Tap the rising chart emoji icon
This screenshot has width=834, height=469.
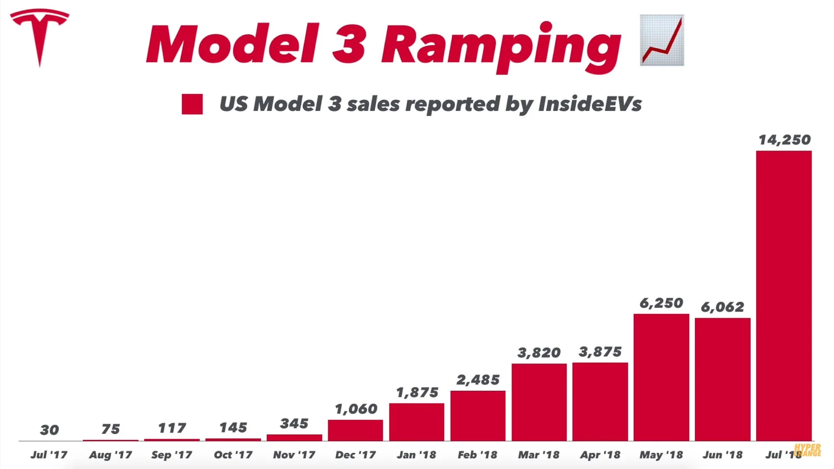pos(662,40)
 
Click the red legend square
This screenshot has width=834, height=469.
pos(192,104)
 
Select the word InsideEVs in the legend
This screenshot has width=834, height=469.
pos(590,104)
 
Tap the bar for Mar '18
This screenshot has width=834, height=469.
pos(539,402)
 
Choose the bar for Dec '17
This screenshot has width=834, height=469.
pos(355,430)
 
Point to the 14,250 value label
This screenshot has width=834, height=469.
pos(784,140)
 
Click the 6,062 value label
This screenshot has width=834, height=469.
pos(723,307)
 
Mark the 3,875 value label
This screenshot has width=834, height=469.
pos(600,352)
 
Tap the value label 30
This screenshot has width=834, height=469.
pos(49,430)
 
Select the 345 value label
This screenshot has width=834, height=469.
pos(294,424)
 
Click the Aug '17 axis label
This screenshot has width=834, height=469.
pos(110,455)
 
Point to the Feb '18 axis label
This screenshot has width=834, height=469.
pos(478,455)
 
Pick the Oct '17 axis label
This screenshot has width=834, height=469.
pos(233,455)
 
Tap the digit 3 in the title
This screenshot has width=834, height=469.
pos(349,44)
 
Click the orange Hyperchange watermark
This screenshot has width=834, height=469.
pos(808,450)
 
